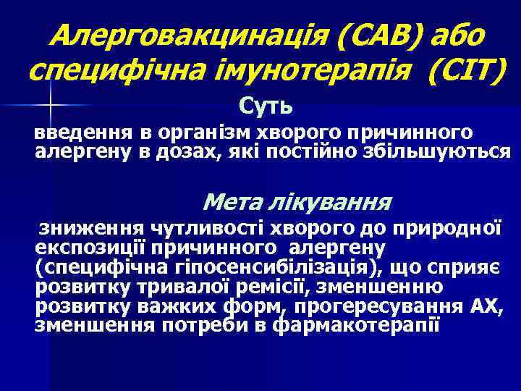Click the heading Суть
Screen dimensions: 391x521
[266, 108]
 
